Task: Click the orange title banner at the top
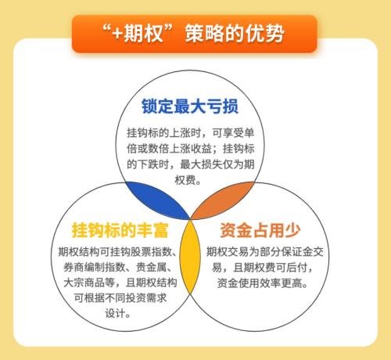[x=195, y=34]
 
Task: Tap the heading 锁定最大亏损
[x=190, y=106]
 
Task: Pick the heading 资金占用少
[x=262, y=230]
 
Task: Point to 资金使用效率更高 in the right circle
[x=262, y=284]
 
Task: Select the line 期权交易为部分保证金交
[x=262, y=252]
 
